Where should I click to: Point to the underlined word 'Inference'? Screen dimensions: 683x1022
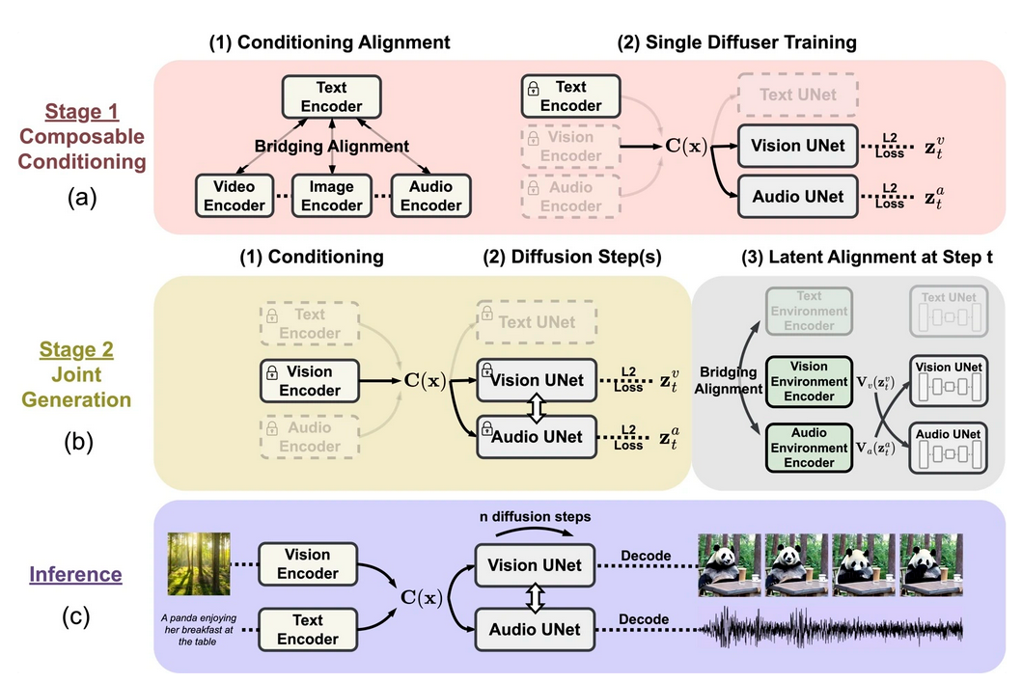(x=75, y=575)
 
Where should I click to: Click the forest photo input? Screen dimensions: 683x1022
(x=199, y=563)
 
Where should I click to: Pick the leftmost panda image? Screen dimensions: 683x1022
(x=728, y=564)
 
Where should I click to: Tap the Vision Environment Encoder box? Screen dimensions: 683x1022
(x=808, y=382)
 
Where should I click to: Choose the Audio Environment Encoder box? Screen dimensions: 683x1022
(x=808, y=447)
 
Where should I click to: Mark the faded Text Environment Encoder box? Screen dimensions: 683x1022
(x=808, y=311)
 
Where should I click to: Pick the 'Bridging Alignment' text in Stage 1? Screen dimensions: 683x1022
(x=332, y=147)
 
